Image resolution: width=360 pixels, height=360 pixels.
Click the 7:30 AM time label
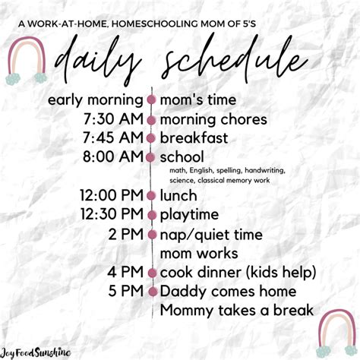pyautogui.click(x=113, y=119)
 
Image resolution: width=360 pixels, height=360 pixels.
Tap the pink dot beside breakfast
pyautogui.click(x=151, y=138)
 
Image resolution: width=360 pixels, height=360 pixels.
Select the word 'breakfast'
pyautogui.click(x=194, y=138)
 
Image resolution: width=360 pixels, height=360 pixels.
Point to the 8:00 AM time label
pyautogui.click(x=113, y=156)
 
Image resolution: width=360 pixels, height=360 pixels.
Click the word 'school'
pyautogui.click(x=182, y=156)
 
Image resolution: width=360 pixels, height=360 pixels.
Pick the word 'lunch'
pyautogui.click(x=178, y=195)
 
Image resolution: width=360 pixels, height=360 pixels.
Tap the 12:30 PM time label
pyautogui.click(x=112, y=214)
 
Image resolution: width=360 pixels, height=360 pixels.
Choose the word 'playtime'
pyautogui.click(x=189, y=215)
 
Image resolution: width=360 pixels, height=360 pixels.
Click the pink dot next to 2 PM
pyautogui.click(x=152, y=235)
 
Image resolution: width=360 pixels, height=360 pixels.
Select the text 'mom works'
pyautogui.click(x=199, y=254)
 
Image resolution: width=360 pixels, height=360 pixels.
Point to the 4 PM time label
pyautogui.click(x=125, y=272)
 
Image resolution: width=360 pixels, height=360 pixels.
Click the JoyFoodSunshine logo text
pyautogui.click(x=35, y=352)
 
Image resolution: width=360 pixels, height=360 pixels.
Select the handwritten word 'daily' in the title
pyautogui.click(x=97, y=61)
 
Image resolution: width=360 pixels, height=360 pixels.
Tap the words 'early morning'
pyautogui.click(x=96, y=100)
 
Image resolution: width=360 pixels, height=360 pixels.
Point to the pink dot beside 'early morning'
pyautogui.click(x=152, y=99)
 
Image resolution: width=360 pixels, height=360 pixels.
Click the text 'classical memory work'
pyautogui.click(x=234, y=181)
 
